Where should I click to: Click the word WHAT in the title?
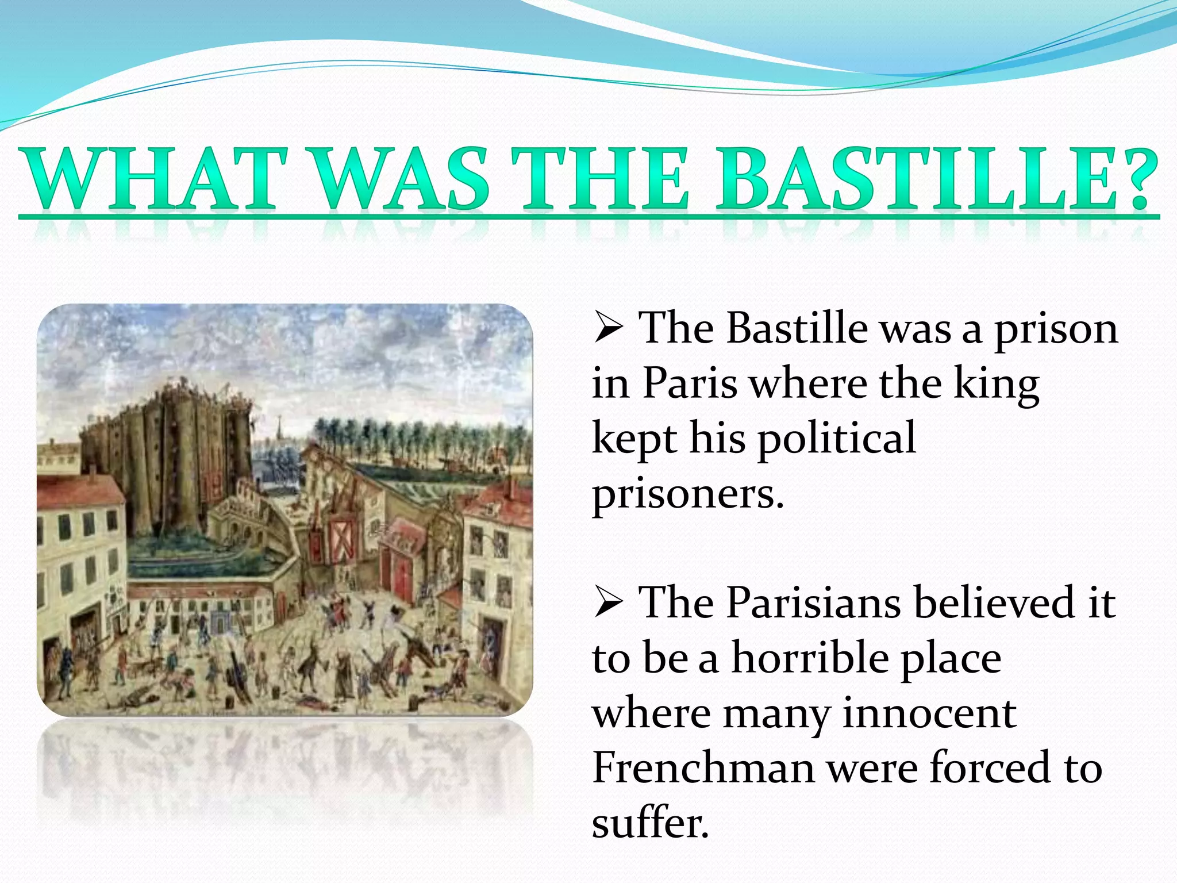pyautogui.click(x=153, y=179)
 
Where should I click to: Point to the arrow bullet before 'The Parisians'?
pyautogui.click(x=608, y=604)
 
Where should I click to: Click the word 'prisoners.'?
pyautogui.click(x=688, y=493)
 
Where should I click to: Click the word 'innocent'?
pyautogui.click(x=929, y=713)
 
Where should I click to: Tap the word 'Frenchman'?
pyautogui.click(x=703, y=768)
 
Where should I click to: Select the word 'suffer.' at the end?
pyautogui.click(x=651, y=823)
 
